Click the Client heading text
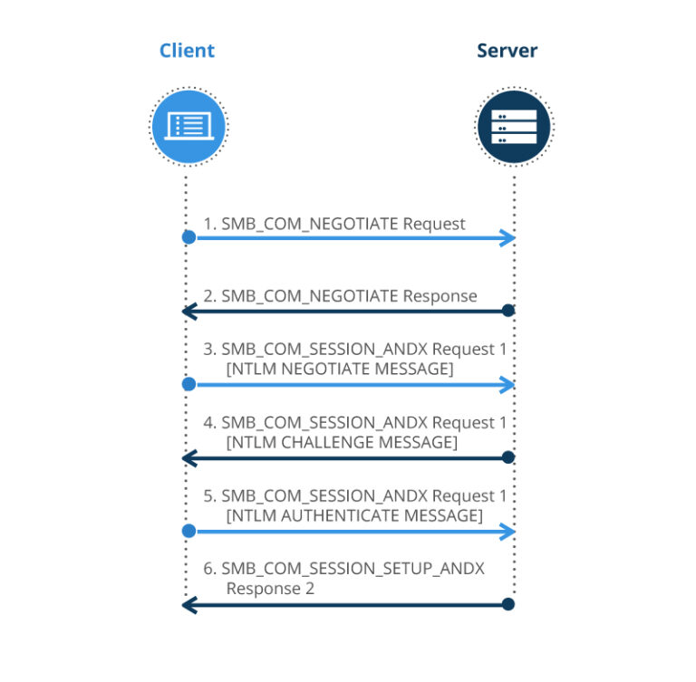(187, 51)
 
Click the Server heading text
(507, 51)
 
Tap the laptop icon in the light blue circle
(188, 126)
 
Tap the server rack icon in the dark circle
(514, 126)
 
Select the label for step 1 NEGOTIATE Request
(333, 223)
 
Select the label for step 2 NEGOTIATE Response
(340, 296)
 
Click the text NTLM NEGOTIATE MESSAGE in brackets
(340, 369)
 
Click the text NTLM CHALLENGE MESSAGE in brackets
(342, 442)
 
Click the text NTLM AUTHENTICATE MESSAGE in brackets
(353, 515)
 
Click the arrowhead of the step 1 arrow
(509, 237)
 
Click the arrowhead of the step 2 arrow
(188, 311)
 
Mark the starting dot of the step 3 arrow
(188, 384)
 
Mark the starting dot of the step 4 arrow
(508, 457)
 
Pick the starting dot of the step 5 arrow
(188, 531)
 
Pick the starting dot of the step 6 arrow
(508, 604)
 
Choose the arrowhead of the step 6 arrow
(188, 604)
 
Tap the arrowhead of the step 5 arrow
(509, 531)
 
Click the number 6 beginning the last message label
(208, 569)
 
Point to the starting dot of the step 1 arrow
(188, 237)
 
